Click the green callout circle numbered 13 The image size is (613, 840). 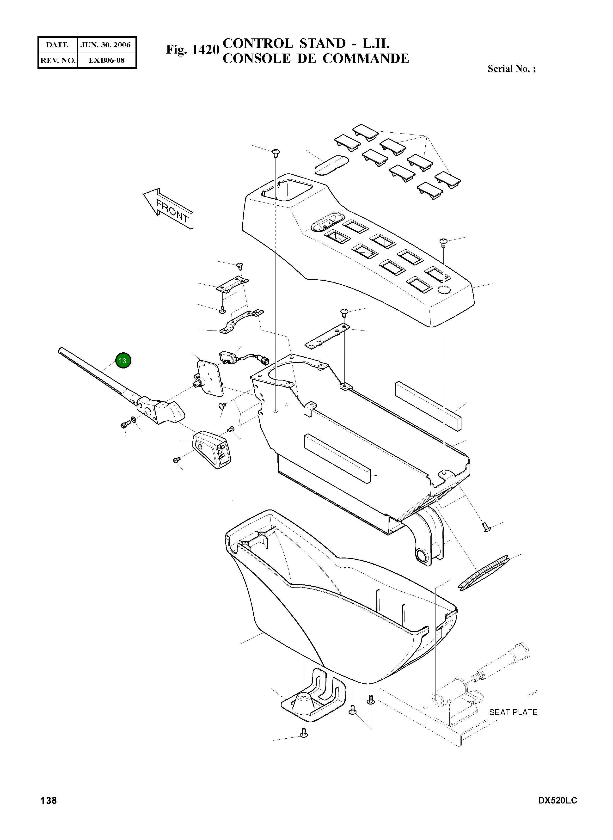point(123,360)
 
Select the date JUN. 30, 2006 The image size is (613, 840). point(106,45)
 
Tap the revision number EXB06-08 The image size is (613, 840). point(106,60)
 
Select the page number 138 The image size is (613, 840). point(49,800)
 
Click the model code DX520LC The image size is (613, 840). point(557,800)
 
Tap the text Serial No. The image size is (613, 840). point(509,69)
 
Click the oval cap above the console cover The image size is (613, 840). point(332,165)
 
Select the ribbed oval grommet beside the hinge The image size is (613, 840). point(485,573)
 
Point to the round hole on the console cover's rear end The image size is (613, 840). point(445,290)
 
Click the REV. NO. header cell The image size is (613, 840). point(58,60)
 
